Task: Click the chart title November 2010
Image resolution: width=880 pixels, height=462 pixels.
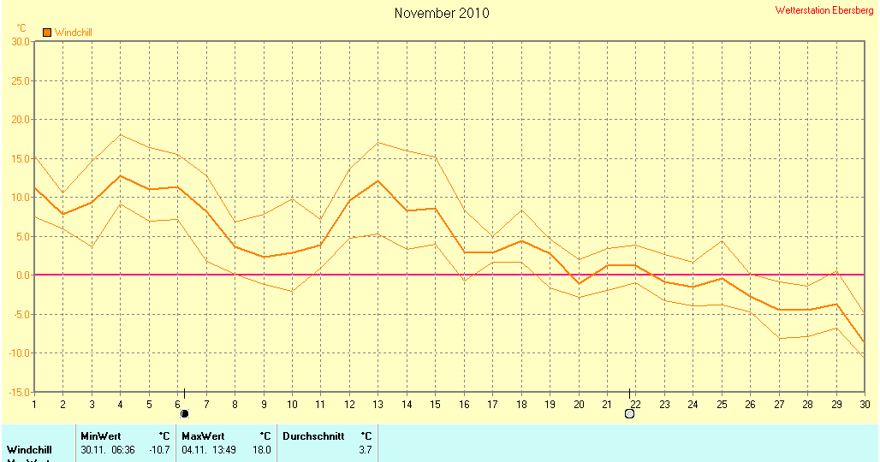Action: click(442, 13)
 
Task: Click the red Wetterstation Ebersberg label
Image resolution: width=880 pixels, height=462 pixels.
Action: click(824, 10)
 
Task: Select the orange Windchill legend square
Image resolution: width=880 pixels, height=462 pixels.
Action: click(47, 33)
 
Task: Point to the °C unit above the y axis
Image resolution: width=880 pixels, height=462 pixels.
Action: click(21, 27)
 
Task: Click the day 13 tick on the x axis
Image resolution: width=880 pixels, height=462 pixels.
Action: click(378, 404)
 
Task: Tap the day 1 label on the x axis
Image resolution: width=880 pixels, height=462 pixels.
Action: click(34, 404)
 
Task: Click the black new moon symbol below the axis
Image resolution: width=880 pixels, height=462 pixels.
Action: click(184, 414)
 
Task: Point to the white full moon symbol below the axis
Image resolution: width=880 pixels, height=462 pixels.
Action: click(630, 414)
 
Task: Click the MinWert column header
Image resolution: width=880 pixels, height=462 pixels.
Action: click(101, 436)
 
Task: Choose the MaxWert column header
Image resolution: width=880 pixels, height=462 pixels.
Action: click(203, 436)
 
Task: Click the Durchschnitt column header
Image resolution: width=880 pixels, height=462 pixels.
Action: click(313, 436)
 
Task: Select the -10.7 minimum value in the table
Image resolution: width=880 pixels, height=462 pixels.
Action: click(160, 449)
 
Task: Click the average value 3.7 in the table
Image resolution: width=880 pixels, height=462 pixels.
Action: click(366, 449)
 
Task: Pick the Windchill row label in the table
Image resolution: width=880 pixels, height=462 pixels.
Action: click(29, 449)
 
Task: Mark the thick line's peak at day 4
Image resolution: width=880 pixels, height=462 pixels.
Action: click(120, 176)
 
